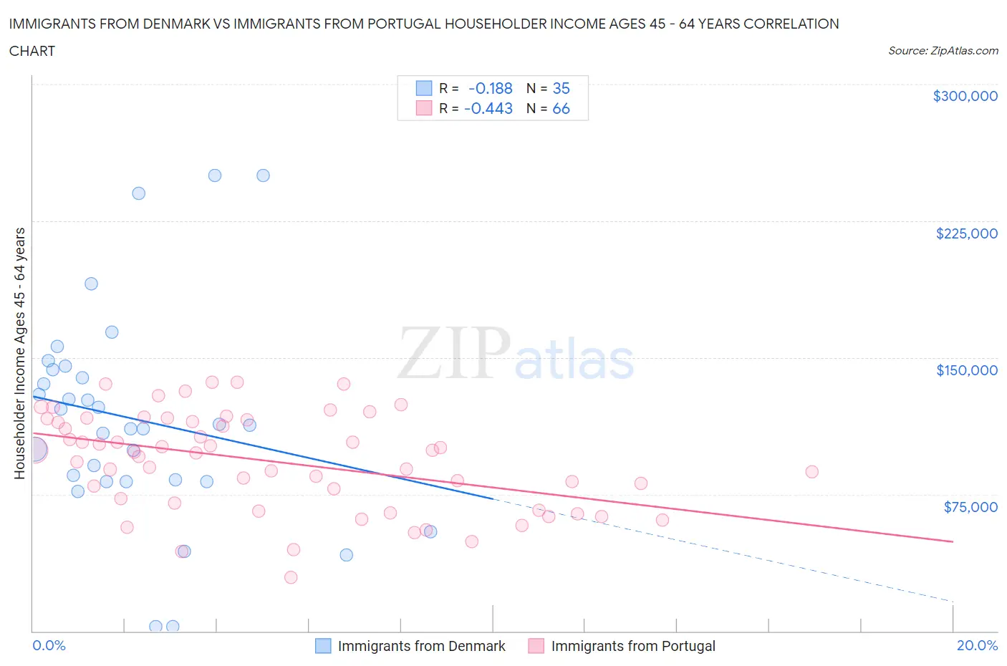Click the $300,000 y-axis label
(965, 96)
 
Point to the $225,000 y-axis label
(966, 233)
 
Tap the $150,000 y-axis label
(966, 370)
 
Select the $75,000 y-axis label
(970, 507)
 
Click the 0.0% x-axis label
(49, 645)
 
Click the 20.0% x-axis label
(977, 645)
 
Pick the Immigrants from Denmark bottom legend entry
(421, 646)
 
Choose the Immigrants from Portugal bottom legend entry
(632, 646)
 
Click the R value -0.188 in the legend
(490, 88)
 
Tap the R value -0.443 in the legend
(488, 108)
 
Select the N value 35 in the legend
(561, 88)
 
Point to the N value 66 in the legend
(561, 108)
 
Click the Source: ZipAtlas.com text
(943, 51)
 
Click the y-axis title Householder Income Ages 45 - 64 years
(19, 353)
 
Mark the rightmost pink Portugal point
(811, 472)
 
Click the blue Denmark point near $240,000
(139, 193)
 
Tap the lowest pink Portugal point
(291, 577)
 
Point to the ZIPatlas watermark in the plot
(516, 354)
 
